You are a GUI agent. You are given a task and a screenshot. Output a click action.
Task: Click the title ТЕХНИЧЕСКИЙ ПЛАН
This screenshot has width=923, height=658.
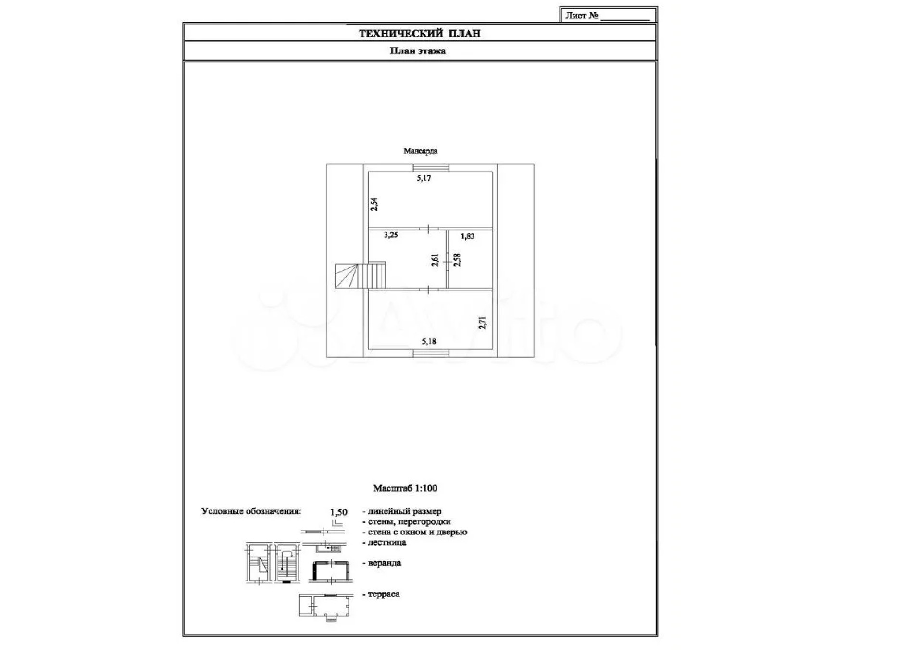click(419, 33)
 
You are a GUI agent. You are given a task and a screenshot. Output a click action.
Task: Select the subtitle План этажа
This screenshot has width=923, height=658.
click(417, 51)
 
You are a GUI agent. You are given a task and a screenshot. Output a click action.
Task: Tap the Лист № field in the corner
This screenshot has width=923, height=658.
click(608, 15)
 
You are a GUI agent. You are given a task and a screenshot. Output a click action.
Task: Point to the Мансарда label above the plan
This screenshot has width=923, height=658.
click(420, 151)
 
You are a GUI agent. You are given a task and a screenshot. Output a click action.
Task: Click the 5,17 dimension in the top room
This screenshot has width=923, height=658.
click(424, 178)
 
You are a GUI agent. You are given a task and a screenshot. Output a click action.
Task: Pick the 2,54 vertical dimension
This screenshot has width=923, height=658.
click(374, 204)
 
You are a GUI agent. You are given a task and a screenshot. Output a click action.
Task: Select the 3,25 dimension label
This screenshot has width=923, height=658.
click(390, 235)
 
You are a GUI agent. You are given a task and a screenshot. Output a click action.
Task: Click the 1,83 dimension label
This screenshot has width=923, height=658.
click(467, 236)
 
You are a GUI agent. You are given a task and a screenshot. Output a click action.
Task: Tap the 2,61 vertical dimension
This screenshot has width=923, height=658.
click(435, 260)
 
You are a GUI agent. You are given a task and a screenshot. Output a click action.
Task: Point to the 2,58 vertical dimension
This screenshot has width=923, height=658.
click(457, 260)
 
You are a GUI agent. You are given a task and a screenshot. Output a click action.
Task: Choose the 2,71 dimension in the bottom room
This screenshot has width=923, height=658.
click(483, 323)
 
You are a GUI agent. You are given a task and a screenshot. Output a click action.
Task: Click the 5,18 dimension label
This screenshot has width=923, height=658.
click(429, 341)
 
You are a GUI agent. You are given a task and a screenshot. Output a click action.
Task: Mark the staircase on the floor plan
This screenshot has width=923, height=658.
click(360, 275)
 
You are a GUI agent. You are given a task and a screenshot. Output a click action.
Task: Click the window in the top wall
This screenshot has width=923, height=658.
click(431, 168)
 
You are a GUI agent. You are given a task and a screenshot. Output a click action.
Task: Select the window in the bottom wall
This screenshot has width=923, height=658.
click(431, 354)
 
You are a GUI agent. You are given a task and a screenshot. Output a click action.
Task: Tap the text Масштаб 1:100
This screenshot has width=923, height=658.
click(405, 488)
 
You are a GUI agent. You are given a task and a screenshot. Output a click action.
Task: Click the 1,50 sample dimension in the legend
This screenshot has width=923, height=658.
click(338, 512)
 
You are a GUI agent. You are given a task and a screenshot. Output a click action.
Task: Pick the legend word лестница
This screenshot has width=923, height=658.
click(387, 542)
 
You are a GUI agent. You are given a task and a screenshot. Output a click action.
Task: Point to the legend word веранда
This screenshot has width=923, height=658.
click(384, 563)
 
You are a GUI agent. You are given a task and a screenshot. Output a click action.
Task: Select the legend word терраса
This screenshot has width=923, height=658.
click(383, 594)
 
